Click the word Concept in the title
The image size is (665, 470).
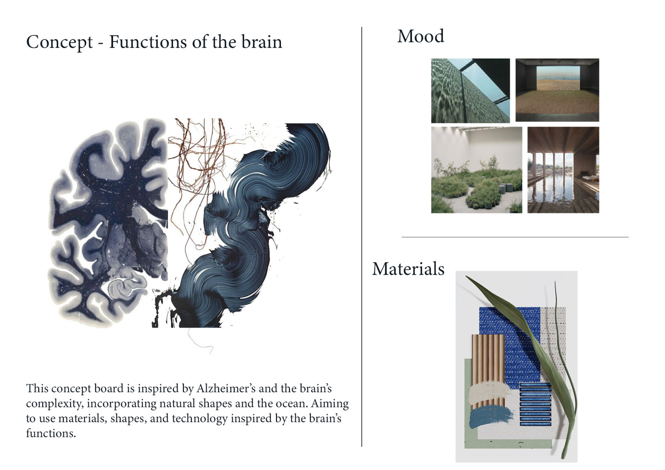coord(59,42)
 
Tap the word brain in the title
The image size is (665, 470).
coord(261,42)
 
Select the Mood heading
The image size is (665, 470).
coord(421,36)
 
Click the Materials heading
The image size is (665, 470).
coord(408,269)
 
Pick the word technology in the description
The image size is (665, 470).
coord(199,418)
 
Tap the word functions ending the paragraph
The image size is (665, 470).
coord(51,433)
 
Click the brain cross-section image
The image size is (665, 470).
coord(108,223)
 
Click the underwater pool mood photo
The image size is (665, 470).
coord(470,91)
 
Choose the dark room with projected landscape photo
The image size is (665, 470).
coord(557,90)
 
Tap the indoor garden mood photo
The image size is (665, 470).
coord(476,170)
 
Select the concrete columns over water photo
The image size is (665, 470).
coord(563,170)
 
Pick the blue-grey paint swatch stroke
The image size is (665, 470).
coord(491,417)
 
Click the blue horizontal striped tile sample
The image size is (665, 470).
coord(535,404)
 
